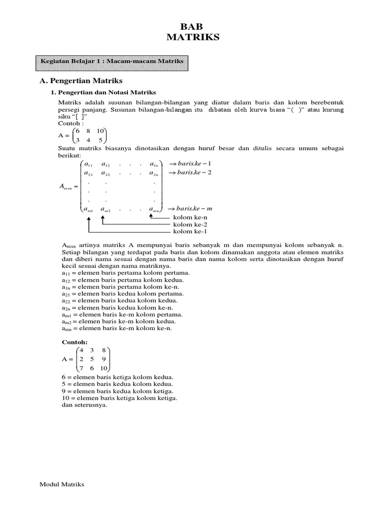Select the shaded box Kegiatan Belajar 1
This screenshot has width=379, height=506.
[x=113, y=61]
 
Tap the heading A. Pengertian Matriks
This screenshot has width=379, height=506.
[x=81, y=81]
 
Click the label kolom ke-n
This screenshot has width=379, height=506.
[x=189, y=217]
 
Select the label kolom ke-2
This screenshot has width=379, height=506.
[x=189, y=224]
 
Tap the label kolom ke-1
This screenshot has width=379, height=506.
[x=189, y=231]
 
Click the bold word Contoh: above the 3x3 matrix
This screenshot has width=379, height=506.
[x=74, y=341]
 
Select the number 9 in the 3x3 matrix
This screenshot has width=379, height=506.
[x=103, y=359]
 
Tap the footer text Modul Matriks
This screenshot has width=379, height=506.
[x=62, y=484]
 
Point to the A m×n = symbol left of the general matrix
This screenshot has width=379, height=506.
[x=68, y=187]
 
